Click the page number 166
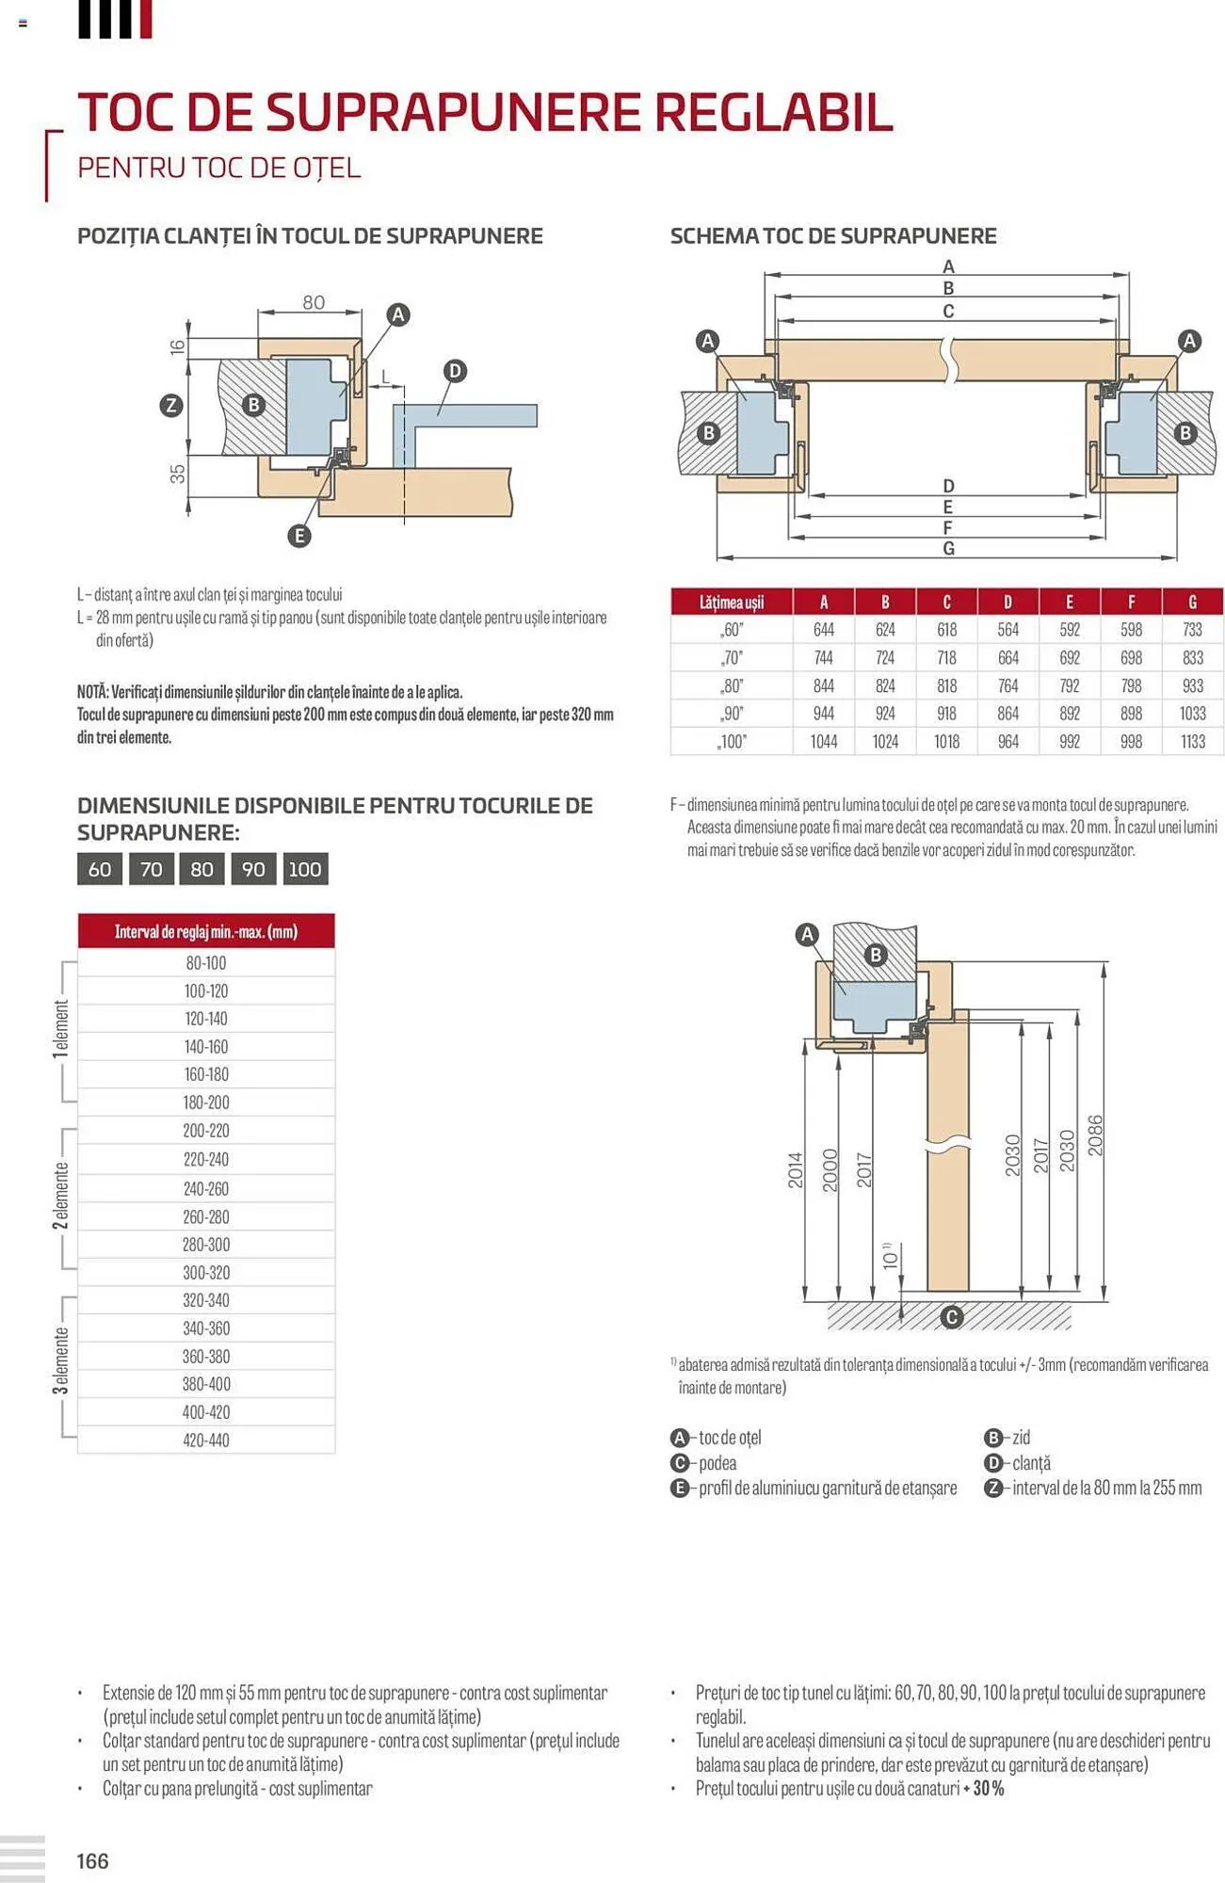pyautogui.click(x=92, y=1860)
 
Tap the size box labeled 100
pyautogui.click(x=304, y=869)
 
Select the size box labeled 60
pyautogui.click(x=100, y=869)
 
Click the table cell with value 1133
pyautogui.click(x=1192, y=742)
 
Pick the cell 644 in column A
pyautogui.click(x=823, y=630)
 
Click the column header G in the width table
pyautogui.click(x=1192, y=602)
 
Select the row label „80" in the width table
pyautogui.click(x=731, y=686)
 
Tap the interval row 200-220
pyautogui.click(x=205, y=1131)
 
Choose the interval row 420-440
pyautogui.click(x=205, y=1440)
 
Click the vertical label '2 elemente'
pyautogui.click(x=61, y=1196)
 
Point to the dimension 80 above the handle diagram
pyautogui.click(x=314, y=303)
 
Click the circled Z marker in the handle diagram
pyautogui.click(x=170, y=406)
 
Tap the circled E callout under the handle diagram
pyautogui.click(x=298, y=536)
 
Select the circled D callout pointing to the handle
pyautogui.click(x=455, y=371)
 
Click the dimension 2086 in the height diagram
pyautogui.click(x=1094, y=1135)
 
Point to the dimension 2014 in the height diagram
pyautogui.click(x=796, y=1169)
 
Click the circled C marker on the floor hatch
pyautogui.click(x=951, y=1316)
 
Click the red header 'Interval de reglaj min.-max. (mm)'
pyautogui.click(x=205, y=931)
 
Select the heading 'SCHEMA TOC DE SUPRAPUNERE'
pyautogui.click(x=832, y=235)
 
